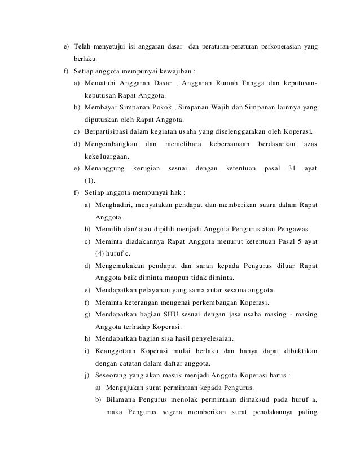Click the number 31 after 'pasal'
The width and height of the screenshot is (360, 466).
[x=292, y=169]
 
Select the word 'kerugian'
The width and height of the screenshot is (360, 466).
[x=146, y=169]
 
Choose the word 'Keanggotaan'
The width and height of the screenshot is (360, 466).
[x=116, y=351]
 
